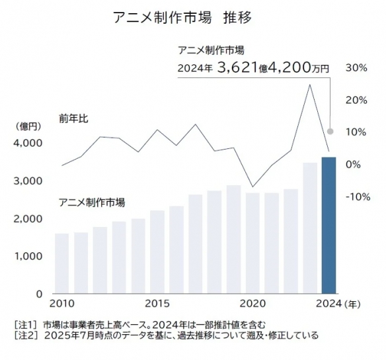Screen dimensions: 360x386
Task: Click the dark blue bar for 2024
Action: (328, 225)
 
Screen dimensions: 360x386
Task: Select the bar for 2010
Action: (61, 263)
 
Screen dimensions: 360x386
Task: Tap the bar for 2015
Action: (157, 251)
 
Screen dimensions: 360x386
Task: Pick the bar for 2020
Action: (252, 243)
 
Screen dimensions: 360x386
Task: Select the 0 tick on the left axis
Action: (38, 294)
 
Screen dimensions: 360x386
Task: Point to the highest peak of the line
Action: (309, 85)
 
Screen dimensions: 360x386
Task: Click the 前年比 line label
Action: (73, 119)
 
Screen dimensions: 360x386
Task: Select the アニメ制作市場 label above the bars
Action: (92, 202)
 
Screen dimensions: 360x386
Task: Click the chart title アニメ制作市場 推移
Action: (183, 17)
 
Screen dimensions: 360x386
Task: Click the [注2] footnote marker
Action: (26, 336)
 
